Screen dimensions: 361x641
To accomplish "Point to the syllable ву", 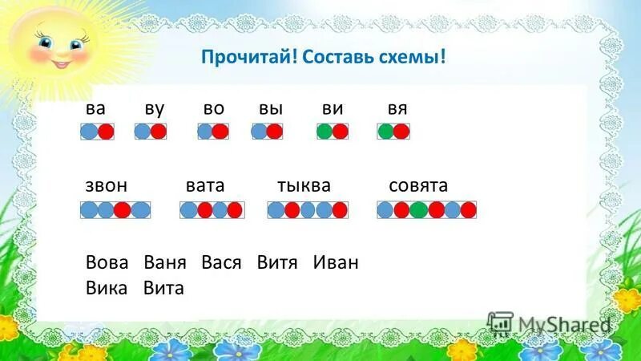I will [x=155, y=108].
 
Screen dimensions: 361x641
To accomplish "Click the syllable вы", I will [x=270, y=108].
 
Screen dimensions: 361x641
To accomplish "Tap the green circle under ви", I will [x=325, y=132].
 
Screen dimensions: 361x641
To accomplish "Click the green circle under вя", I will [x=386, y=132].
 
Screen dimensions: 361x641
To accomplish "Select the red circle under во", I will [x=220, y=132].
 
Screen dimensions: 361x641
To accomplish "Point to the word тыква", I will [x=304, y=186].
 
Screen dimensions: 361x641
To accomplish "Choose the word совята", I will [x=418, y=186].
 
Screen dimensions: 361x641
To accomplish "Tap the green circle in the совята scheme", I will [x=418, y=210].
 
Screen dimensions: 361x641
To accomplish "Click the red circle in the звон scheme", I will [x=123, y=210].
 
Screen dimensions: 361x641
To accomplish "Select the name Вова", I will [x=107, y=262].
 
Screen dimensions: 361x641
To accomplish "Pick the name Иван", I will [x=336, y=262].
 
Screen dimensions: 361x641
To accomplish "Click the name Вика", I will [x=107, y=287].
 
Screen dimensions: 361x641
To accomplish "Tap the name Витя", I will [x=277, y=262].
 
